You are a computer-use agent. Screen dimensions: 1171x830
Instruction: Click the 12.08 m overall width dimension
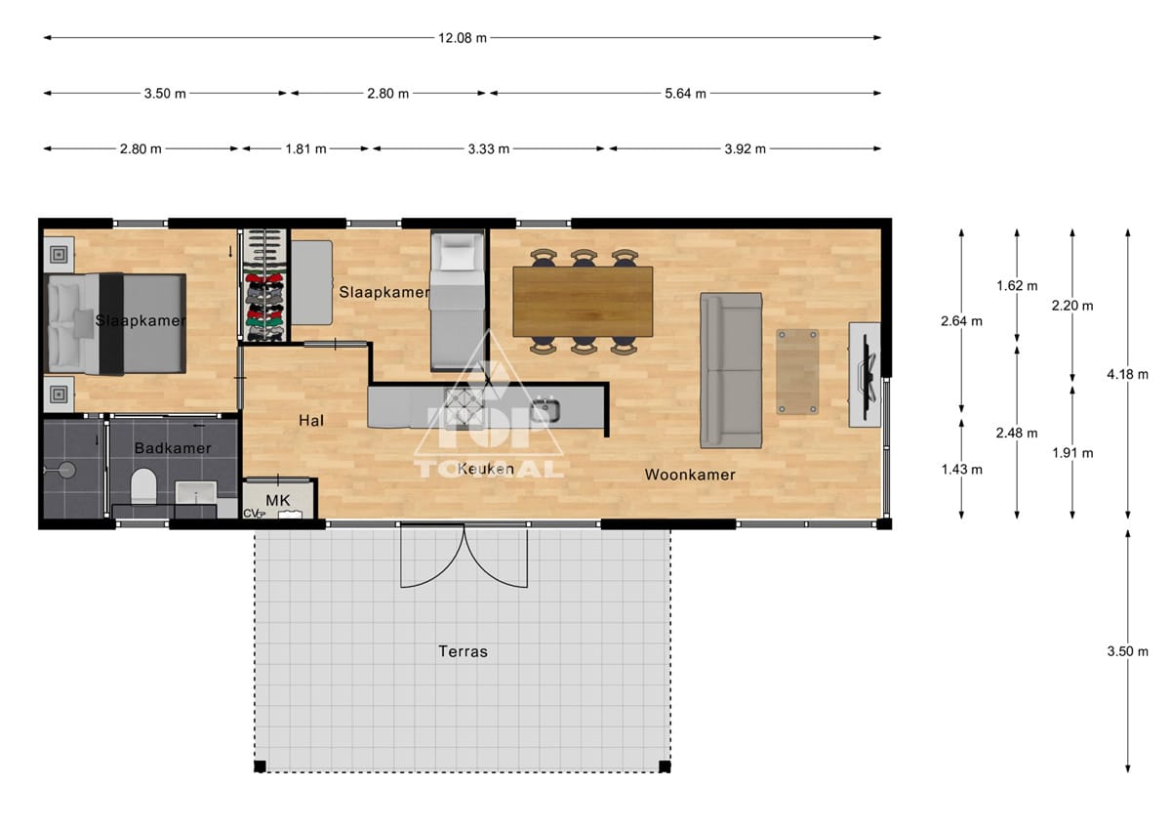(463, 38)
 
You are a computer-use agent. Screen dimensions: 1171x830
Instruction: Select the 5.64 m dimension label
(685, 93)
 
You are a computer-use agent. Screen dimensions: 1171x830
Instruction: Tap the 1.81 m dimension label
(305, 148)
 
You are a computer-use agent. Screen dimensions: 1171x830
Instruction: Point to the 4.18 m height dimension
(1127, 374)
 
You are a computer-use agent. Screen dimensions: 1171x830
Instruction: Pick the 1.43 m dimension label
(961, 469)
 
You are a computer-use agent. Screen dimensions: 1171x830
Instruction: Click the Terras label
(463, 651)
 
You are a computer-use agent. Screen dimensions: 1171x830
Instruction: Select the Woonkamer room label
(690, 475)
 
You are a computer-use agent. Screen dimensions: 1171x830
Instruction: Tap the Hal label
(311, 420)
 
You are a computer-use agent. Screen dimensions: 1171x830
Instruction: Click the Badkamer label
(173, 447)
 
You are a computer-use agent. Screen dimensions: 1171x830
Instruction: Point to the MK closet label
(277, 500)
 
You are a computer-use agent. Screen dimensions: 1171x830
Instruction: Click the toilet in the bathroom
(143, 486)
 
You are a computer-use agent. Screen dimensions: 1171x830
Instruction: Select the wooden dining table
(583, 302)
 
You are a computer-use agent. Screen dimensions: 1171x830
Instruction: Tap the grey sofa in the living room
(731, 370)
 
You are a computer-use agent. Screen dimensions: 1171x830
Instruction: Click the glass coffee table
(796, 371)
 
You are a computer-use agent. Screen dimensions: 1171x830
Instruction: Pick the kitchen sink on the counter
(545, 410)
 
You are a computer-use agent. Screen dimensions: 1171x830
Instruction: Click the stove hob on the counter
(464, 407)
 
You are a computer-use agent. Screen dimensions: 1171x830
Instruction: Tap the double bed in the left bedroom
(117, 324)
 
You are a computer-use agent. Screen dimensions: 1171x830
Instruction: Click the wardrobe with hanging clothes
(265, 285)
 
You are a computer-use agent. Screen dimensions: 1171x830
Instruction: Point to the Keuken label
(486, 469)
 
